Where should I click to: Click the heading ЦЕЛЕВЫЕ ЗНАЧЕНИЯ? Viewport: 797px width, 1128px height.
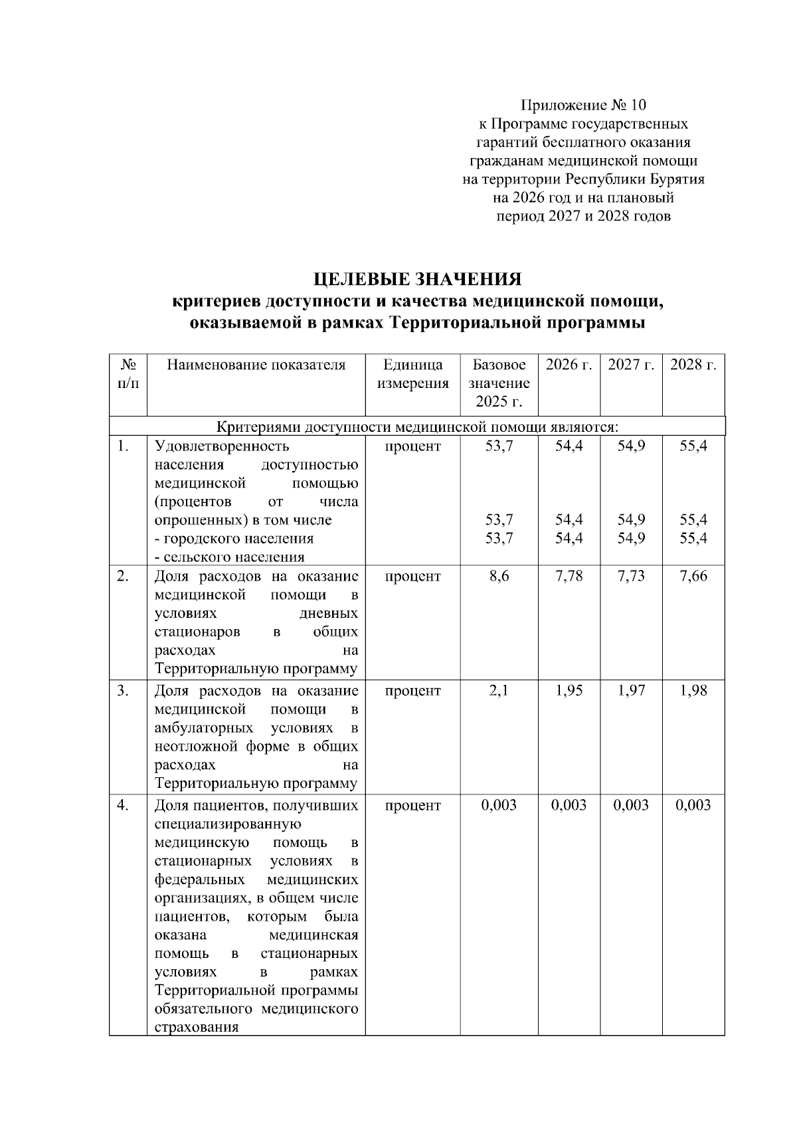(x=418, y=278)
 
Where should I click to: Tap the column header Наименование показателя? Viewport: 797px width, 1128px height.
(x=256, y=365)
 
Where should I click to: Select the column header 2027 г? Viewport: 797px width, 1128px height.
(x=631, y=365)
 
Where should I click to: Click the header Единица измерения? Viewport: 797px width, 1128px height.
(x=412, y=374)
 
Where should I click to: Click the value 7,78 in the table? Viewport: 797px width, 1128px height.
(x=569, y=577)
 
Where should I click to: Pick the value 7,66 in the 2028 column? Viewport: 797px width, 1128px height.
(x=693, y=577)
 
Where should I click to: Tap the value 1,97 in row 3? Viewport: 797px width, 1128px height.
(x=631, y=691)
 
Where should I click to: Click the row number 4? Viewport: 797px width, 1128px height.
(x=123, y=805)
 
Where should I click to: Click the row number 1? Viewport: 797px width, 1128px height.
(x=123, y=446)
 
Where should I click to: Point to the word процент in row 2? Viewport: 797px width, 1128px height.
(x=412, y=577)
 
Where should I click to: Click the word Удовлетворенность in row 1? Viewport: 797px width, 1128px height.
(x=222, y=446)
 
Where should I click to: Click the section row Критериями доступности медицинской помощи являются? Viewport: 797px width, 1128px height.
(x=418, y=426)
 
